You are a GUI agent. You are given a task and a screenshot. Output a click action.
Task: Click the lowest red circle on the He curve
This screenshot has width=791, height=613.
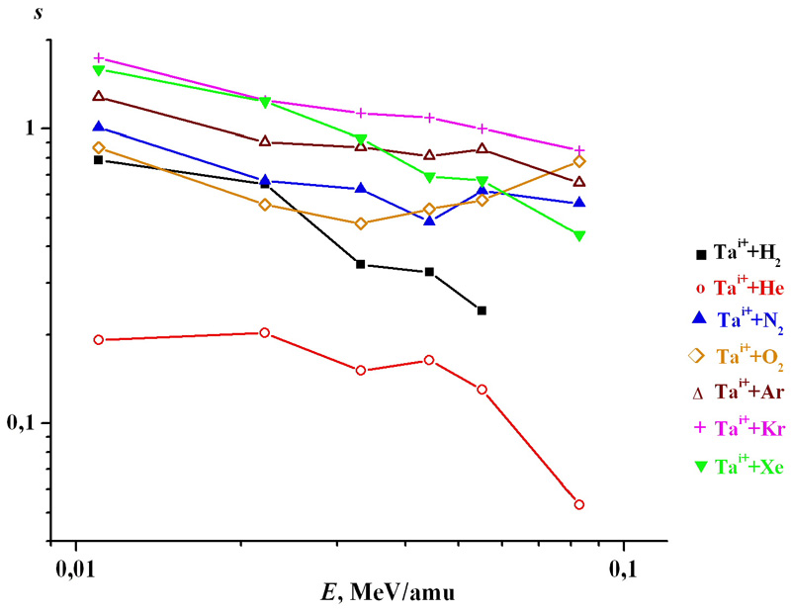coord(579,504)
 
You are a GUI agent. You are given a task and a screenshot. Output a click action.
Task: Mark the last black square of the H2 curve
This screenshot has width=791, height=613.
coord(482,310)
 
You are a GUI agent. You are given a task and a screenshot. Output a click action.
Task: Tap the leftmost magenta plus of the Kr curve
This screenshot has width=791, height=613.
coord(98,58)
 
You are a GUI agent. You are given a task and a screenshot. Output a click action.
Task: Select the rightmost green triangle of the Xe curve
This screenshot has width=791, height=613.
coord(579,235)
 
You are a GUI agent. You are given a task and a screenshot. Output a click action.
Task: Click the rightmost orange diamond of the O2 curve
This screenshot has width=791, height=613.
coord(579,161)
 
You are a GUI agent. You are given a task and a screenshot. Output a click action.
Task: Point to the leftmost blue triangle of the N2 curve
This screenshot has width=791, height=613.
coord(98,127)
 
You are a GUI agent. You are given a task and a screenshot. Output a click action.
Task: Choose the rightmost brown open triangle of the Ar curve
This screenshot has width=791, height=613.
coord(579,182)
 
